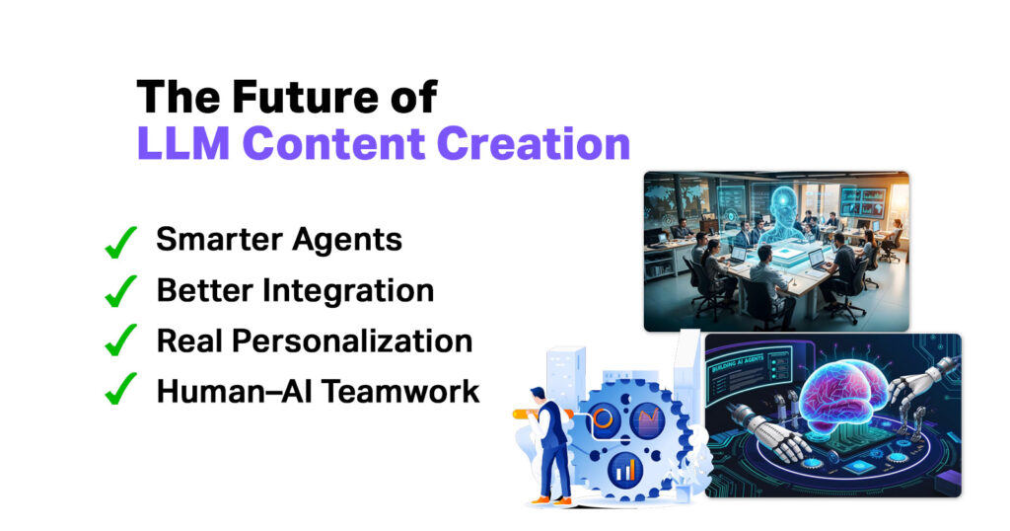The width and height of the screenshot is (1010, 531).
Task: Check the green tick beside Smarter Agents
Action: coord(119,242)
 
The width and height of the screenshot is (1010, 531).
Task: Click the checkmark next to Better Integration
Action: coord(119,292)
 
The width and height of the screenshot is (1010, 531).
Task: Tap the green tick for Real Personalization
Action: coord(119,342)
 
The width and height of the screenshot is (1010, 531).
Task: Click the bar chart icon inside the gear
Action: coord(625,468)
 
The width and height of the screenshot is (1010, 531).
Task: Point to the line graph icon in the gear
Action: coord(647,421)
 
